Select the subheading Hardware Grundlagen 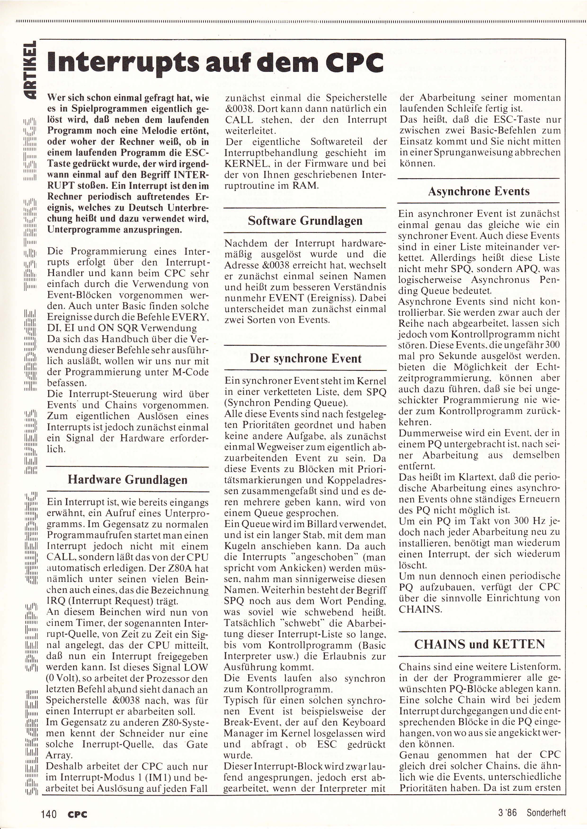(x=128, y=479)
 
